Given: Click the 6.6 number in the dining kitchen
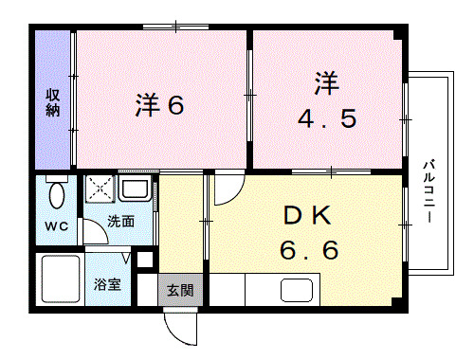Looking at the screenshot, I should [x=309, y=251].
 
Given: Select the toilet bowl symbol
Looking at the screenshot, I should [x=56, y=195].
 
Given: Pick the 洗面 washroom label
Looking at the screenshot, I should [x=119, y=222].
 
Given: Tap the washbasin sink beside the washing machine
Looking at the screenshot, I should [x=134, y=189].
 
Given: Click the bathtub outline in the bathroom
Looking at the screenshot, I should [x=59, y=279].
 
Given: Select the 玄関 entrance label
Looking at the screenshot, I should [x=179, y=290].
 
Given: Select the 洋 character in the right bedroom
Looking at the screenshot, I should [x=322, y=81].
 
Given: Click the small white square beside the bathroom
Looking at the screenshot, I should [x=144, y=259].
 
